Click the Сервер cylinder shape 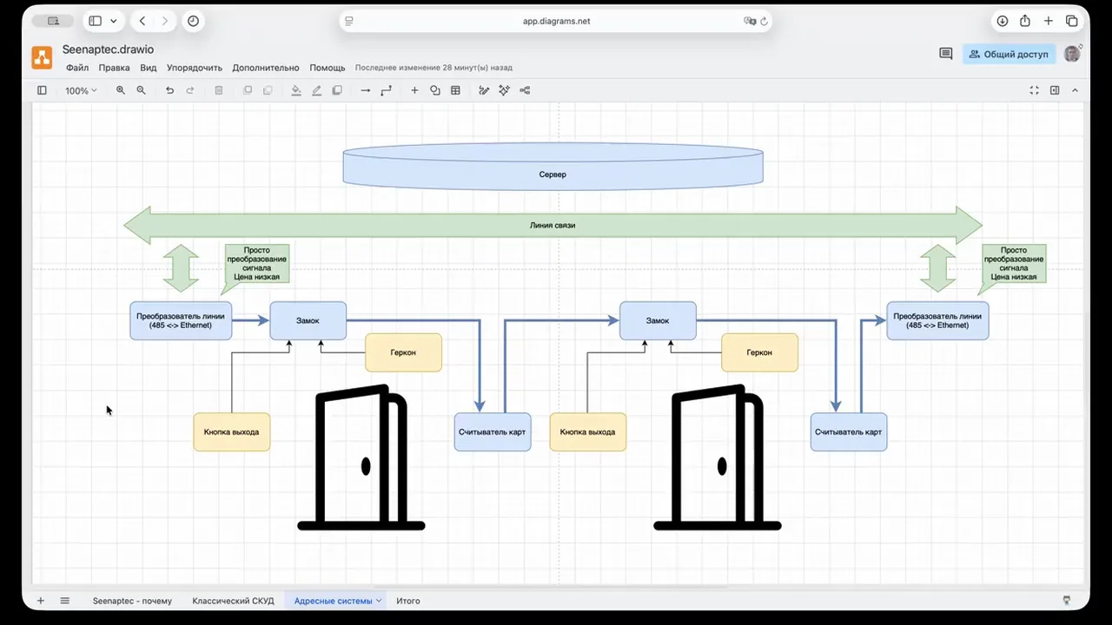553,167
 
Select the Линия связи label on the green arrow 553,225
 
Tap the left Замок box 308,321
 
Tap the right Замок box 658,321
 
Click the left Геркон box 403,352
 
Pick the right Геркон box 759,352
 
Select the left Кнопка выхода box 231,432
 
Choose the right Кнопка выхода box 588,432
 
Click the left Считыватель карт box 493,432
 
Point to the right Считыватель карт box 849,432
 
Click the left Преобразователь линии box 181,321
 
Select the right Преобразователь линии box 937,321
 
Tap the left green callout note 256,263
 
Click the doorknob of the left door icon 366,466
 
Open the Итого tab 408,601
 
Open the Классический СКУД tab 233,601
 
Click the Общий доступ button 1009,54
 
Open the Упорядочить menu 194,68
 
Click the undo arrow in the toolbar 169,90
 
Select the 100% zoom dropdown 81,91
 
